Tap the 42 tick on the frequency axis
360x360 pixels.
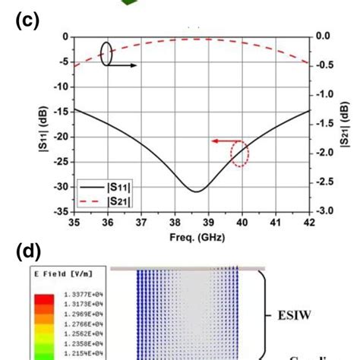(x=309, y=222)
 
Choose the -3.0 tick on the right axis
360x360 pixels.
(x=325, y=211)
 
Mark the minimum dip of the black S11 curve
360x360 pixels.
(x=196, y=191)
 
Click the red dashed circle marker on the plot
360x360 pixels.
(x=239, y=154)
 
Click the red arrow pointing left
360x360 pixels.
(x=222, y=141)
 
